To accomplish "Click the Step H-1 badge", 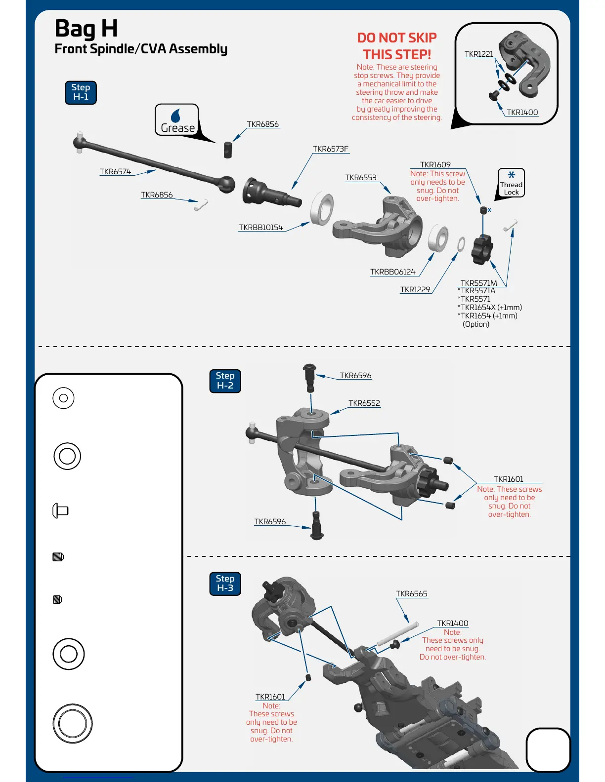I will (81, 92).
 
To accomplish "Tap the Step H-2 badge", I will (225, 381).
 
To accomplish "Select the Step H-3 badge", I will (225, 584).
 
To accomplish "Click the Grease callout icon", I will (177, 120).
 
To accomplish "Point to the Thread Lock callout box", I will (511, 183).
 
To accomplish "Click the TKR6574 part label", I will (115, 172).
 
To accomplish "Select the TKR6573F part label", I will (330, 149).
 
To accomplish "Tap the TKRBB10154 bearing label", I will (260, 228).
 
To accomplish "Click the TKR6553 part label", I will (360, 178).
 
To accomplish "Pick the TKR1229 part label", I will (415, 290).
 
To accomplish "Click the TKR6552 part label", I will (364, 403).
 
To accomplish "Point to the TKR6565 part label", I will (411, 594).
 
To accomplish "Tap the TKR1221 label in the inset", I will (478, 54).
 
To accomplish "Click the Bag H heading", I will (86, 28).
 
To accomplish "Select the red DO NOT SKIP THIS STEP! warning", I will (396, 46).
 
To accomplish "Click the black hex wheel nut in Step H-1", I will (482, 249).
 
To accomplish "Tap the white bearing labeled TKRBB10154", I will (322, 209).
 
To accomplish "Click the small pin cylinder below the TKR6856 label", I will (227, 149).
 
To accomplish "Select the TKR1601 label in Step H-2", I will (508, 479).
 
